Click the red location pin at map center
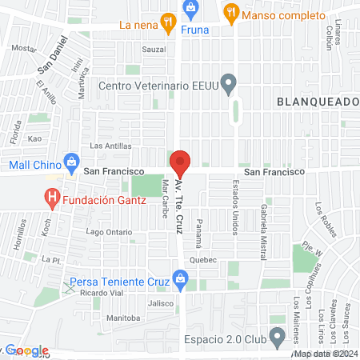(180, 163)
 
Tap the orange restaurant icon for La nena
(167, 24)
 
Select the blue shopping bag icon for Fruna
(190, 9)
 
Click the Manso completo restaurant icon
(230, 12)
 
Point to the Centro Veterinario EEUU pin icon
(229, 82)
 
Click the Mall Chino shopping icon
(71, 160)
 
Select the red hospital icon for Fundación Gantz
(53, 195)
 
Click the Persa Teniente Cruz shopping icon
(181, 280)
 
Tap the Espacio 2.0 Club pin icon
(277, 336)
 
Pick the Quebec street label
(204, 260)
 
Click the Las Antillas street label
(107, 146)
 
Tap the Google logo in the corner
(26, 350)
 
